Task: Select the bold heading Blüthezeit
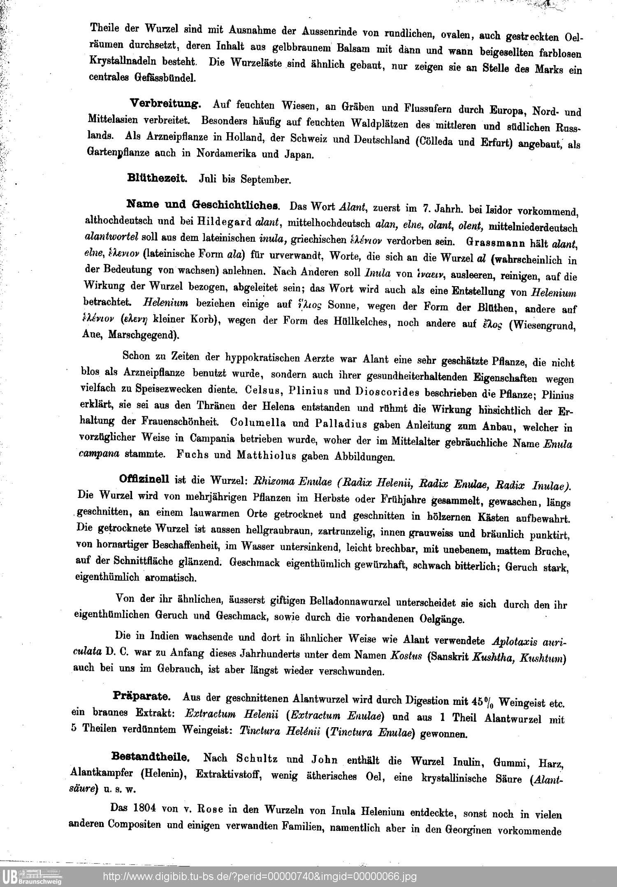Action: coord(158,178)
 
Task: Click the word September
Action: coord(266,179)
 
